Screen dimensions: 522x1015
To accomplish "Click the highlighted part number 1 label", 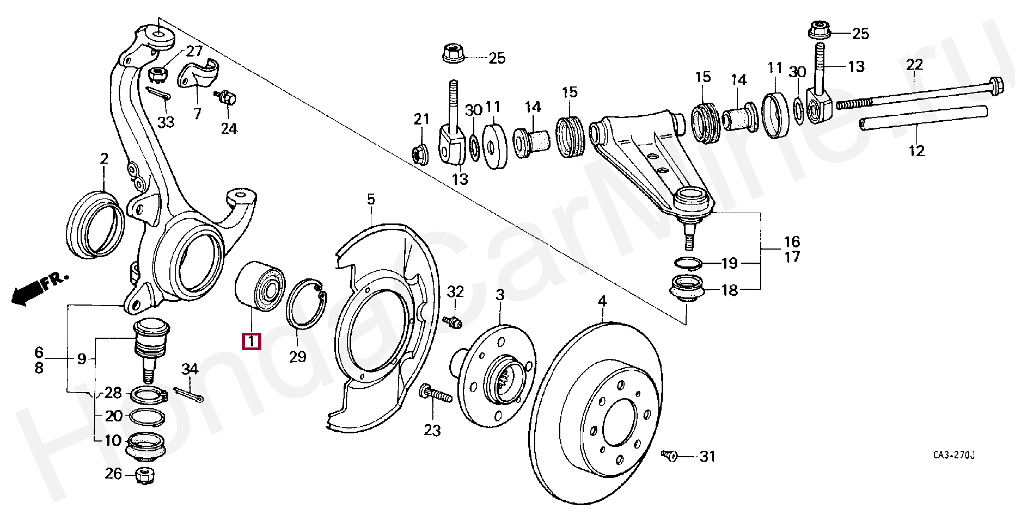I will point(251,341).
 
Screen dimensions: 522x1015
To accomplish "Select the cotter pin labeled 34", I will point(189,395).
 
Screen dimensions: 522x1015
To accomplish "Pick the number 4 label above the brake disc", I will point(601,301).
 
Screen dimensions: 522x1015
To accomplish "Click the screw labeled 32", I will point(453,322).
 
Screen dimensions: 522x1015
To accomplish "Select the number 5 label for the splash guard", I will point(370,200).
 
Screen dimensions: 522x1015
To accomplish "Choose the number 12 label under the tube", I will point(916,151).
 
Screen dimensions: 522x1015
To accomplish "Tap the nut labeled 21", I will point(420,154).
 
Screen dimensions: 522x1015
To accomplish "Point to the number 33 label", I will point(166,122).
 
